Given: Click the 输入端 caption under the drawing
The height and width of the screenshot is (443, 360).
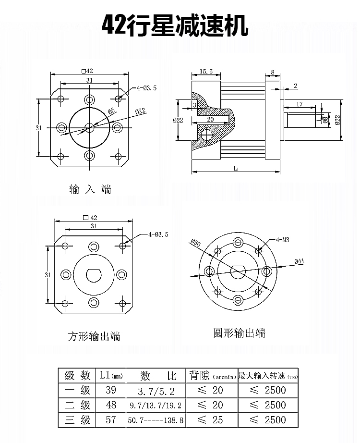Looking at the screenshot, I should tap(90, 189).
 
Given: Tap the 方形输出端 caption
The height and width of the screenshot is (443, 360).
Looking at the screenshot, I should tap(94, 336).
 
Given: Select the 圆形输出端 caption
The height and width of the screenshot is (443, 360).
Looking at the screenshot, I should tap(239, 333).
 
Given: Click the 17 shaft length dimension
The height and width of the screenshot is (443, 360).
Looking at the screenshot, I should tap(299, 104).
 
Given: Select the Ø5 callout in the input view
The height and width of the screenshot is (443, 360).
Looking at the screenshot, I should tap(111, 111).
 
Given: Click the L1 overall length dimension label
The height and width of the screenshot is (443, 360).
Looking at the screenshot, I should tap(236, 168).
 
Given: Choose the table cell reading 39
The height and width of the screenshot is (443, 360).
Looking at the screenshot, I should tap(111, 390).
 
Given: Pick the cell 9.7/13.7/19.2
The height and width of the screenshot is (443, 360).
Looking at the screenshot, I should tap(156, 406).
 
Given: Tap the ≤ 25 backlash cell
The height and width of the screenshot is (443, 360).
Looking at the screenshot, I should tap(211, 420).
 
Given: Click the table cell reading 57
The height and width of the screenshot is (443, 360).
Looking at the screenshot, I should tap(111, 420).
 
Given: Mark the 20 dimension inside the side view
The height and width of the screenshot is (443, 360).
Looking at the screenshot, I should tap(210, 119).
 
